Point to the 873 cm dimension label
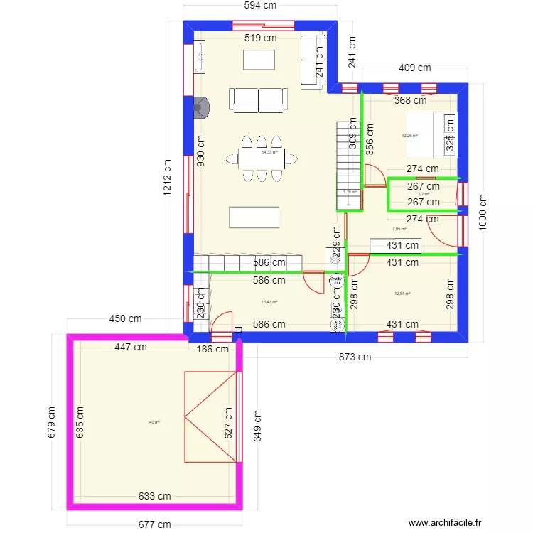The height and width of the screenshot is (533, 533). click(354, 357)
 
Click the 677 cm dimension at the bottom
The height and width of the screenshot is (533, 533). click(154, 525)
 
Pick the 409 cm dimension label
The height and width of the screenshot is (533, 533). click(414, 68)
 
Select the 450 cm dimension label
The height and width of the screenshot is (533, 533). click(126, 318)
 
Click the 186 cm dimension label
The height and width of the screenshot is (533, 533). click(212, 349)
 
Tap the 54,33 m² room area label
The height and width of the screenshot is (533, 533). click(269, 152)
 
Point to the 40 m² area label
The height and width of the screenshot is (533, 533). click(154, 422)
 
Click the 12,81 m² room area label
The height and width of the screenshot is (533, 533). click(403, 294)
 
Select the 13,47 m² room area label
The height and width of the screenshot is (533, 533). click(269, 302)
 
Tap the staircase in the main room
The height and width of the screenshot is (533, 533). click(348, 165)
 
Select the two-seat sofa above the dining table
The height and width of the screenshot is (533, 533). click(258, 100)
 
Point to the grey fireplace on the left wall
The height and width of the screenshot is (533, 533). click(203, 107)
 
